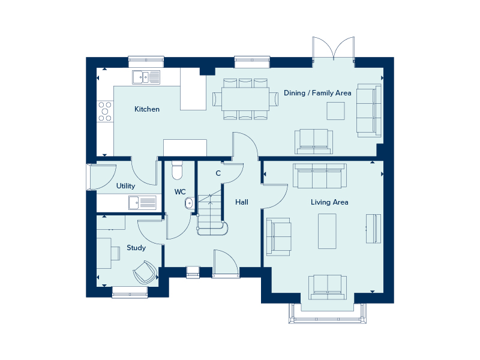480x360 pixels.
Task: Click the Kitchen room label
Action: pyautogui.click(x=147, y=109)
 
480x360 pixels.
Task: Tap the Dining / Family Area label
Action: pyautogui.click(x=317, y=93)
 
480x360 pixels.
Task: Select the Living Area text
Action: pyautogui.click(x=329, y=202)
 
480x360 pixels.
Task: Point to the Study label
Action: pyautogui.click(x=136, y=248)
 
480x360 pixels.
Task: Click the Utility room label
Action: pyautogui.click(x=125, y=186)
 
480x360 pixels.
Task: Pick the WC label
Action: pyautogui.click(x=180, y=192)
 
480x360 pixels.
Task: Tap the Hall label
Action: pyautogui.click(x=242, y=202)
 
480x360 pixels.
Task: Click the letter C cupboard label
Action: pyautogui.click(x=218, y=173)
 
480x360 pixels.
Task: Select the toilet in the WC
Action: pyautogui.click(x=176, y=170)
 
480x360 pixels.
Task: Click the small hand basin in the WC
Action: pyautogui.click(x=189, y=203)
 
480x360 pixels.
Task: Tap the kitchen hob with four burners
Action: pyautogui.click(x=105, y=110)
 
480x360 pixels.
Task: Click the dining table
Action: pyautogui.click(x=245, y=98)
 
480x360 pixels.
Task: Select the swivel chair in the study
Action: pyautogui.click(x=145, y=272)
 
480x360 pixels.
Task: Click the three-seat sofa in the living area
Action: pyautogui.click(x=319, y=175)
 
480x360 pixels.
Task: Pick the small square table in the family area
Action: pyautogui.click(x=335, y=111)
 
